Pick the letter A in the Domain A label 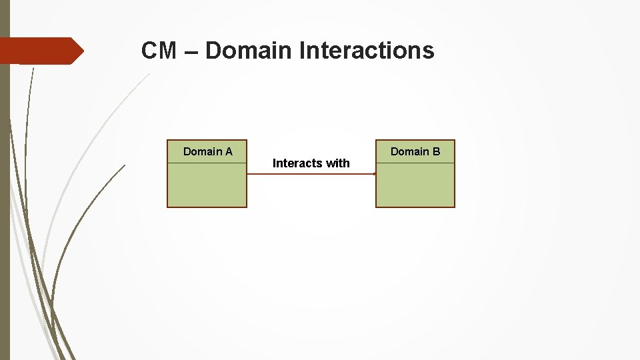pyautogui.click(x=229, y=152)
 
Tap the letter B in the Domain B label pyautogui.click(x=436, y=152)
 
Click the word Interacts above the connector pyautogui.click(x=297, y=163)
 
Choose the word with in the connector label pyautogui.click(x=337, y=163)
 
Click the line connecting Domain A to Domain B pyautogui.click(x=311, y=174)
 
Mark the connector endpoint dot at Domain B pyautogui.click(x=375, y=174)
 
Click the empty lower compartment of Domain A pyautogui.click(x=207, y=185)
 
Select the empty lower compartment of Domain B pyautogui.click(x=415, y=185)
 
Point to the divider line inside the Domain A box pyautogui.click(x=207, y=163)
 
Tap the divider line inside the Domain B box pyautogui.click(x=415, y=163)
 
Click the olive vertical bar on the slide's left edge pyautogui.click(x=5, y=200)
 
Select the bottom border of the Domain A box pyautogui.click(x=207, y=207)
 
